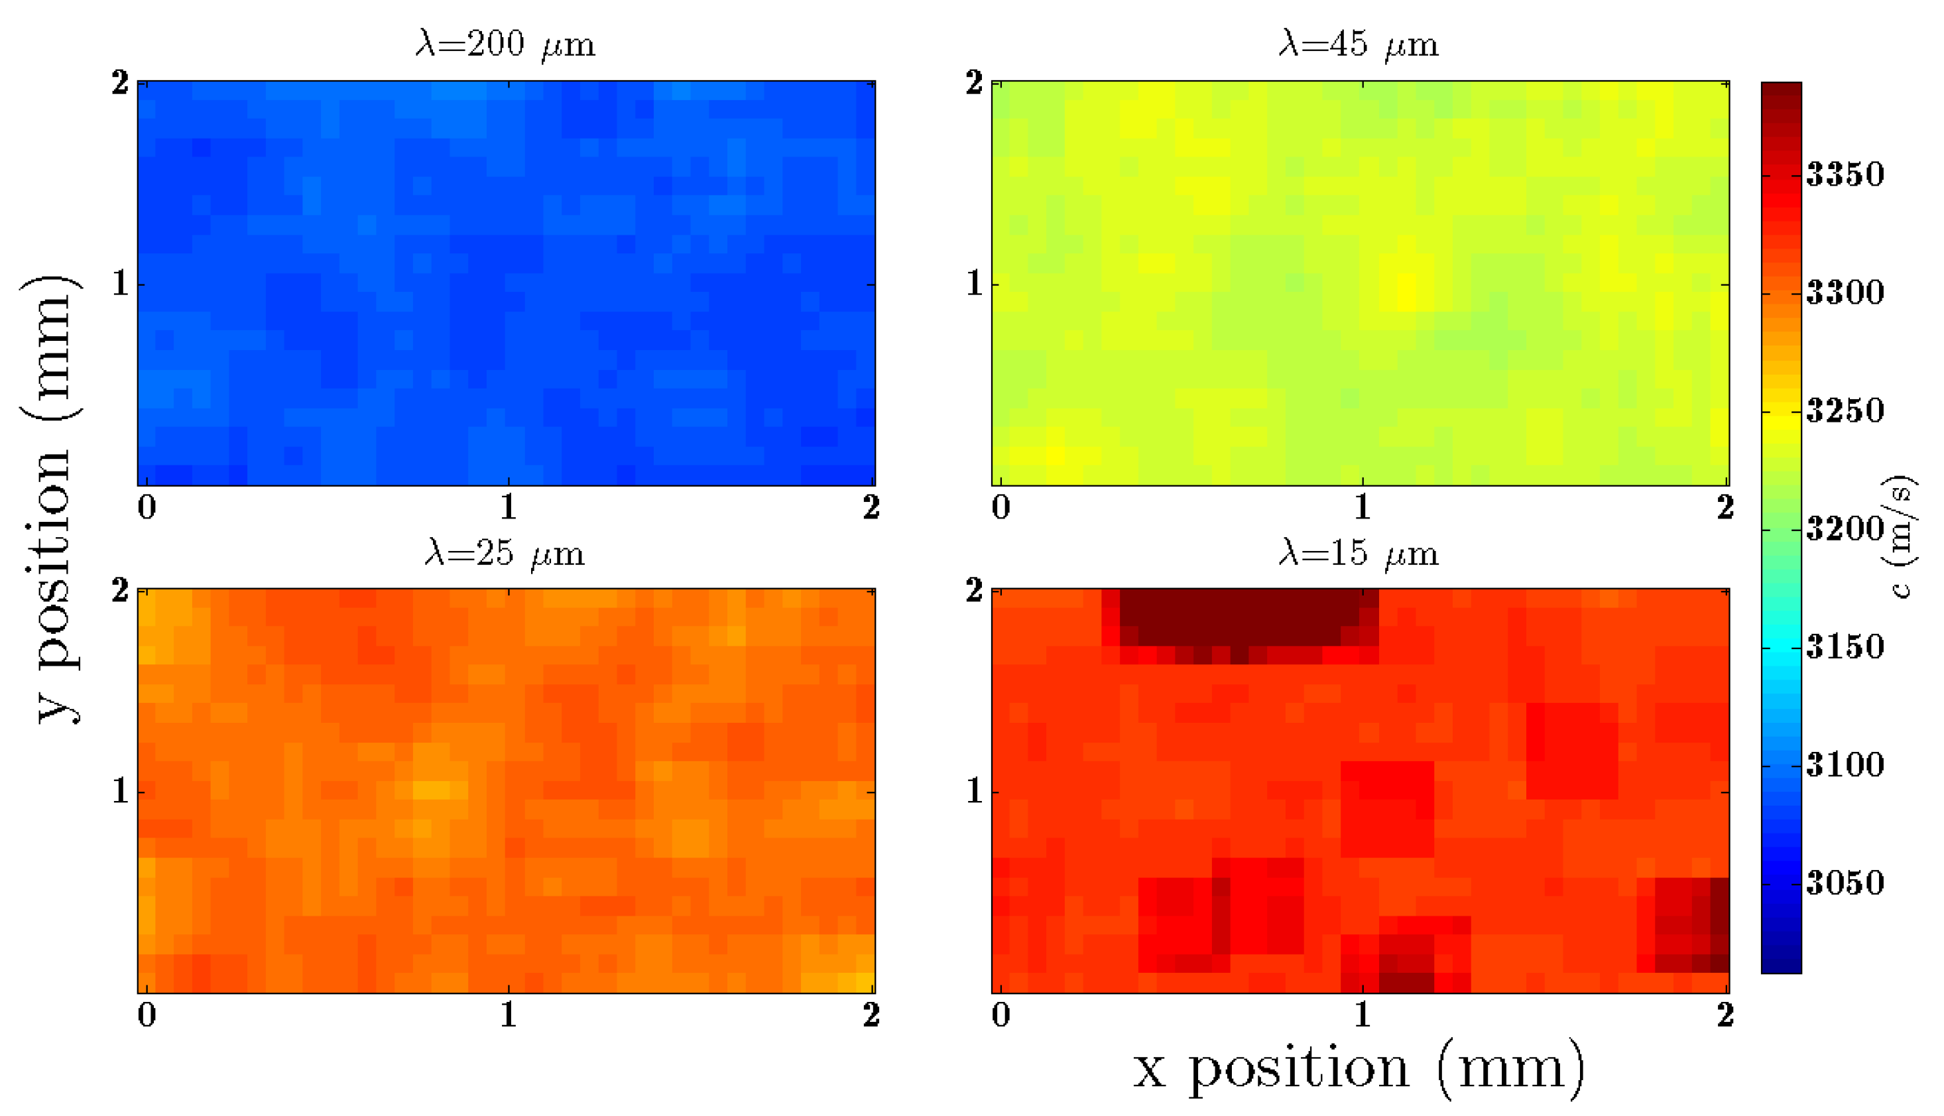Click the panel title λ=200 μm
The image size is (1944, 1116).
pos(505,44)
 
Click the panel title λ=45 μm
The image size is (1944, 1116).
pos(1359,44)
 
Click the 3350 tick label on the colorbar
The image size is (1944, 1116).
pos(1845,175)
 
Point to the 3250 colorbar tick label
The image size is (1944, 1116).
pos(1845,411)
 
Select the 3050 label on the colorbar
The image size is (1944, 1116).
pos(1845,883)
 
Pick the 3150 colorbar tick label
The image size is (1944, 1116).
pos(1845,647)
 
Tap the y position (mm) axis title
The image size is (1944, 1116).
pos(50,498)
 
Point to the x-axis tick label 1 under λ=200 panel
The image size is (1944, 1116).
pos(508,507)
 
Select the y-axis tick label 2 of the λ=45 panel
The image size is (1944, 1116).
pos(973,83)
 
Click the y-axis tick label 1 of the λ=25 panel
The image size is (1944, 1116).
pos(119,791)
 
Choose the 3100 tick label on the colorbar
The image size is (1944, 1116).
pos(1845,765)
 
